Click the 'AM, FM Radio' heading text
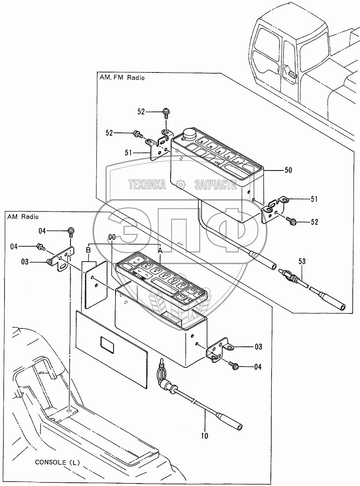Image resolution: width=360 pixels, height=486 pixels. click(122, 77)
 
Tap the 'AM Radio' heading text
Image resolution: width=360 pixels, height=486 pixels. click(23, 217)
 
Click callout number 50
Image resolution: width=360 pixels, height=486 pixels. click(288, 170)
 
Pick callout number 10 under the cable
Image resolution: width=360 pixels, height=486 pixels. click(204, 436)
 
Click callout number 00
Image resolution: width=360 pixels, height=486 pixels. click(112, 237)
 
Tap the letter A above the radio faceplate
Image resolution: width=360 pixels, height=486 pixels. click(160, 251)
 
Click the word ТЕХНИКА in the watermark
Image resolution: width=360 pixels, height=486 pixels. click(147, 185)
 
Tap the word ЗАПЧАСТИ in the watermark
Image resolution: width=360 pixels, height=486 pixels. click(215, 185)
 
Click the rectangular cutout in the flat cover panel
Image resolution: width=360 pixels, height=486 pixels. click(107, 345)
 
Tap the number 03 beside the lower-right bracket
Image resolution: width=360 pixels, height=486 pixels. click(258, 347)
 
